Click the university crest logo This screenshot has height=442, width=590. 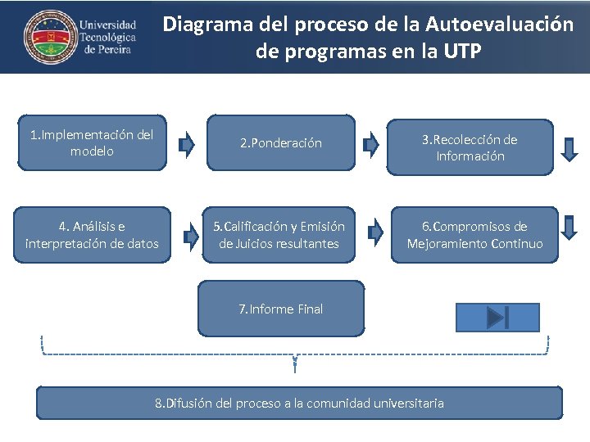coord(47,37)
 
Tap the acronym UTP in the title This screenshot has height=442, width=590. coord(463,52)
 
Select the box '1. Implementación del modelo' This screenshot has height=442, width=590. coord(92,143)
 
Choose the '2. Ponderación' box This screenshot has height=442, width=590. coord(281,143)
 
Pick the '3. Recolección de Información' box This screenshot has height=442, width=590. coord(470,147)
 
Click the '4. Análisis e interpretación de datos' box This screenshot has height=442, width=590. coord(92,235)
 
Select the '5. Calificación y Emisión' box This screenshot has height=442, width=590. coord(279,235)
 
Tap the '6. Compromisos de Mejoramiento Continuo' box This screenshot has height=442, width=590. coord(474,235)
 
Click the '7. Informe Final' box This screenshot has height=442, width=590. coord(281,309)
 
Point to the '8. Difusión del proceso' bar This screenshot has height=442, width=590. coord(299,403)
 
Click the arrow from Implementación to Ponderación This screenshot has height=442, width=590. coord(187,145)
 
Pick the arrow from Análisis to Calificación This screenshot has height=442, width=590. coord(191,237)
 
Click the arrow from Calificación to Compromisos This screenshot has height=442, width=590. coord(376,233)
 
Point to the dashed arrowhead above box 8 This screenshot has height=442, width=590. coord(295,363)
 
